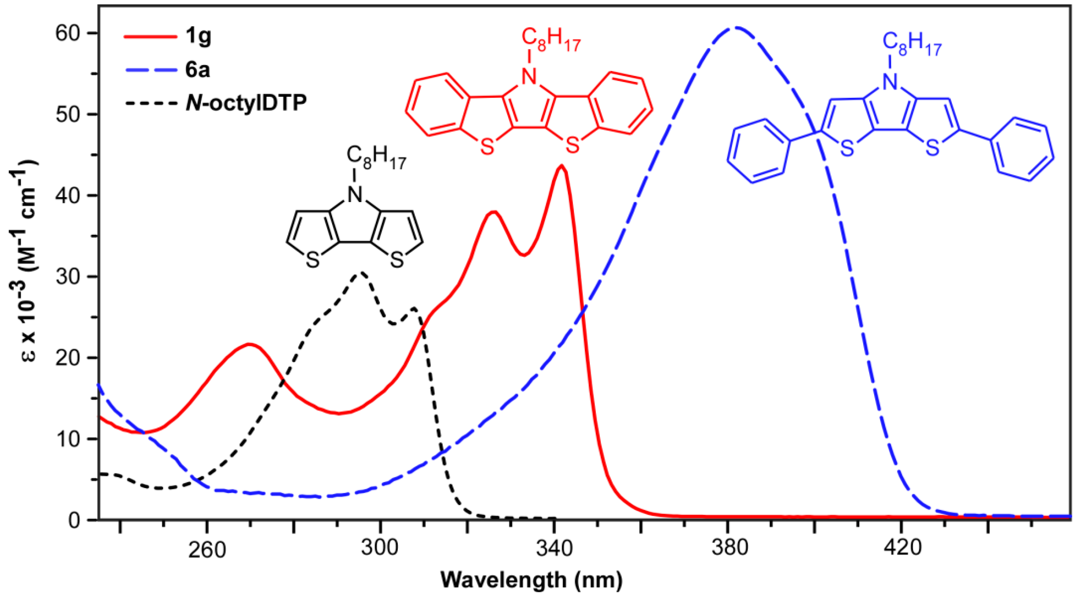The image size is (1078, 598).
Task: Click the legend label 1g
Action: tap(198, 37)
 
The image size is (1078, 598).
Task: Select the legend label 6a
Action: tap(198, 70)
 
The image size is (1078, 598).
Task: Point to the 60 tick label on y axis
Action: tap(68, 34)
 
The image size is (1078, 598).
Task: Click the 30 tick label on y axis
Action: tap(68, 277)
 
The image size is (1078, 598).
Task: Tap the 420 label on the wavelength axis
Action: tap(902, 548)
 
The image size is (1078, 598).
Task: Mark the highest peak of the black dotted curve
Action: tap(362, 273)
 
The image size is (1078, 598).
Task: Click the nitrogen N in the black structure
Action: tap(355, 194)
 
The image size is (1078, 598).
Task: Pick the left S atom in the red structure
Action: tap(487, 147)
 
